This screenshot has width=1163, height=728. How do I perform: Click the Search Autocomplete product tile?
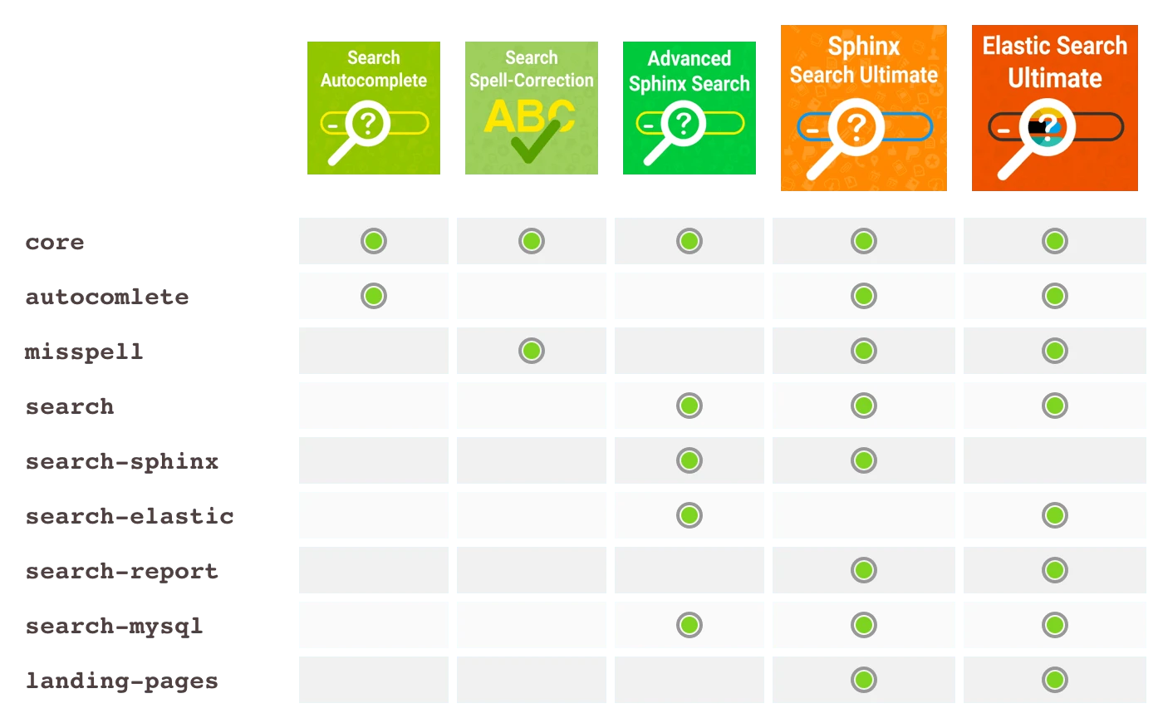click(x=373, y=108)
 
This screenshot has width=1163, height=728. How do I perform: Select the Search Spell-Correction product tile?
click(x=531, y=108)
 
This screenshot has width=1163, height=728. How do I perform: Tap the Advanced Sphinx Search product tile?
click(x=689, y=108)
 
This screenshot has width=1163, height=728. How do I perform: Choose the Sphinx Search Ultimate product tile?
click(x=863, y=108)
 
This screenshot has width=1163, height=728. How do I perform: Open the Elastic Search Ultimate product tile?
click(x=1054, y=108)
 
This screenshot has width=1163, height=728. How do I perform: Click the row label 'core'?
click(x=55, y=243)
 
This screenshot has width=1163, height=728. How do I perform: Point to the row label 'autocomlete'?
click(x=107, y=297)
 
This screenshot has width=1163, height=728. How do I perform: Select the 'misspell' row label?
click(x=84, y=352)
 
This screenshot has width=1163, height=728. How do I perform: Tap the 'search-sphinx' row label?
click(x=122, y=461)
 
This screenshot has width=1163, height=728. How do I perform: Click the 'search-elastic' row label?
click(x=130, y=516)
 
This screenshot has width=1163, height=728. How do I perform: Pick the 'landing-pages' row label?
click(x=122, y=681)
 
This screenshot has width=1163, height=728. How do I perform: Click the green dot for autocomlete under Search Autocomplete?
click(x=374, y=296)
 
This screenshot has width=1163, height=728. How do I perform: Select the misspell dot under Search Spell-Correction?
click(x=532, y=351)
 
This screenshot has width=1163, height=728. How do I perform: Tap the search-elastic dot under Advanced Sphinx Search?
click(x=689, y=515)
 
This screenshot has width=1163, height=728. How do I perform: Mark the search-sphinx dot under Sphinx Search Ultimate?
click(x=864, y=460)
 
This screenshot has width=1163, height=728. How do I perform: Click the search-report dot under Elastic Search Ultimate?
click(x=1055, y=570)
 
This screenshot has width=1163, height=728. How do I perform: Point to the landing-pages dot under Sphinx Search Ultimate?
click(x=864, y=680)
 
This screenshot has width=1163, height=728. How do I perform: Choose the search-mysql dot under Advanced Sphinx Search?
click(x=689, y=625)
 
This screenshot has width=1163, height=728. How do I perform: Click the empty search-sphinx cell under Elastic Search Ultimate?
click(x=1055, y=460)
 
